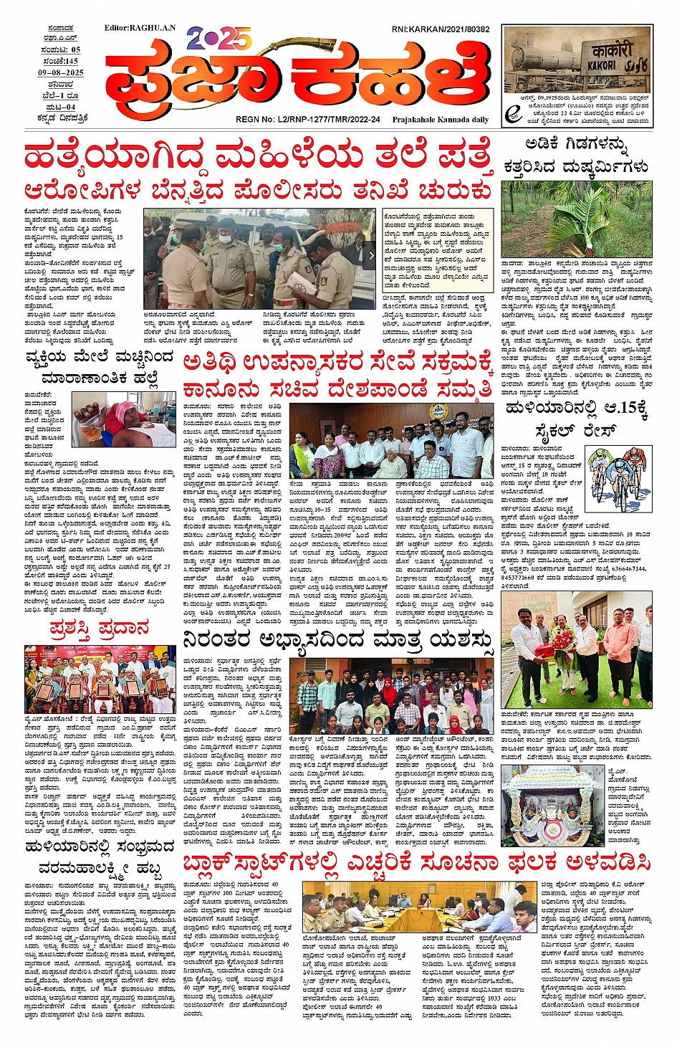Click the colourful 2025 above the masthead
(x=219, y=40)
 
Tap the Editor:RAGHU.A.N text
(x=140, y=28)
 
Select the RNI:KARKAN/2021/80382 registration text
(x=441, y=29)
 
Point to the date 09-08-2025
(x=61, y=72)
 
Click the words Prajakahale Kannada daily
(x=440, y=120)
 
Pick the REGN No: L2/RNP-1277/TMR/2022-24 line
(x=308, y=120)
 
